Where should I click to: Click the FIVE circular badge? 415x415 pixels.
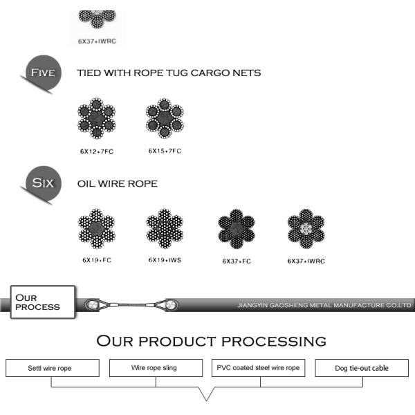coord(44,72)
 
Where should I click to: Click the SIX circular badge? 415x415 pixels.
coord(44,183)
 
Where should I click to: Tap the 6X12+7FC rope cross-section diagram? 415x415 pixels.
coord(97,118)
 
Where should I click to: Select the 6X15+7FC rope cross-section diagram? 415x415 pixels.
coord(165,118)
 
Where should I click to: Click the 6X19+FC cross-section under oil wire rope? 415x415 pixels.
coord(97,229)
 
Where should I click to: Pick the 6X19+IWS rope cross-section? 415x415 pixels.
coord(165,229)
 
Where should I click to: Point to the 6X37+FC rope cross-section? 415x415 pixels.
coord(237,229)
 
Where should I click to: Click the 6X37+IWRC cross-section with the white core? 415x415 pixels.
coord(306,229)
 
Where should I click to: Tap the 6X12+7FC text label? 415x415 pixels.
coord(97,151)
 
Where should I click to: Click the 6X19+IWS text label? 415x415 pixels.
coord(165,260)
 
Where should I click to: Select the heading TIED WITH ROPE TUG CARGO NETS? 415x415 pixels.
coord(169,73)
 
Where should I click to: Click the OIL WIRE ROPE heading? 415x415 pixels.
coord(118,184)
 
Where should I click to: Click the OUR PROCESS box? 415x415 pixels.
coord(43,302)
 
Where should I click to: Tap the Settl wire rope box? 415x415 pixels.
coord(53,368)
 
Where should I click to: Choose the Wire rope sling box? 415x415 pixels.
coord(156,368)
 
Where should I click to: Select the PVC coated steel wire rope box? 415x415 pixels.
coord(258,368)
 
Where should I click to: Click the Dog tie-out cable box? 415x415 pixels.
coord(362,368)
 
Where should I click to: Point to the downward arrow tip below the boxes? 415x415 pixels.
coord(206,400)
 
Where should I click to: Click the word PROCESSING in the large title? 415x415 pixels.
coord(274,341)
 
